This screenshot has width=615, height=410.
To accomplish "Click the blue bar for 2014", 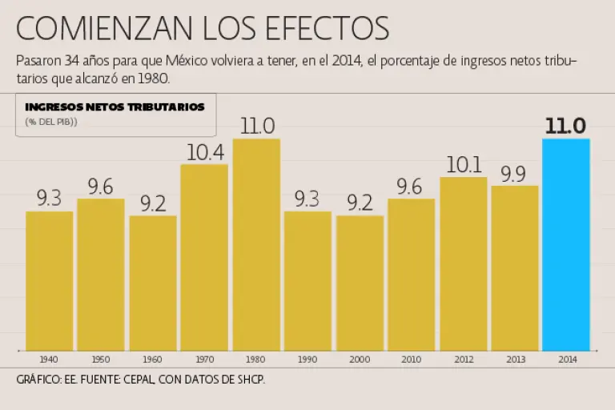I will click(566, 244).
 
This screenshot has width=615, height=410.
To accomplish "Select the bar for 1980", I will click(256, 244).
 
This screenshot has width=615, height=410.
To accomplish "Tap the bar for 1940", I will click(50, 280).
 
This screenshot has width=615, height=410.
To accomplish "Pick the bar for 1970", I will click(204, 256).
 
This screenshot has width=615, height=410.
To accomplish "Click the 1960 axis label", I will click(153, 360).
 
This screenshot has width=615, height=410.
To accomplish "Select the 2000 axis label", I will click(360, 360).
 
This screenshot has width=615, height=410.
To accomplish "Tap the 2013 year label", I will click(515, 360).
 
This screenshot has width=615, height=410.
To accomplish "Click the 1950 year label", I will click(101, 360).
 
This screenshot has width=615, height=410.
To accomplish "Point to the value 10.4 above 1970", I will click(204, 151).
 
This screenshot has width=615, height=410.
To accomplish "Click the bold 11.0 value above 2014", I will click(566, 126).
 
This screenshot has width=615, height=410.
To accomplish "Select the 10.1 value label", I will click(463, 164).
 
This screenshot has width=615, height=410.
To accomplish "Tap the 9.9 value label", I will click(515, 173).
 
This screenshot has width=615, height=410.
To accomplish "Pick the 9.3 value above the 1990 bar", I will click(307, 199).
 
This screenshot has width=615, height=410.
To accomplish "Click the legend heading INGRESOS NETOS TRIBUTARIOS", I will click(115, 107).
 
